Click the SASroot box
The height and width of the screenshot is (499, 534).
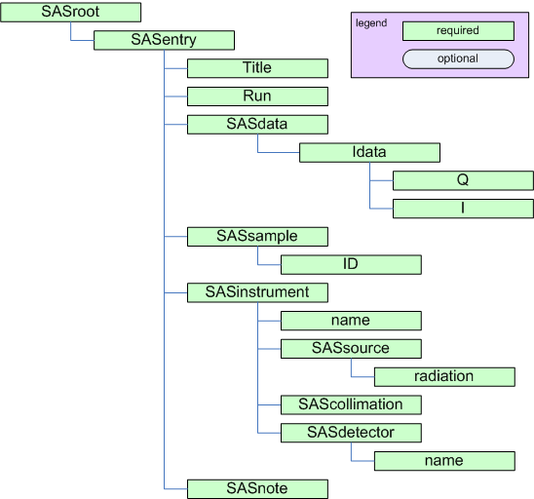(71, 13)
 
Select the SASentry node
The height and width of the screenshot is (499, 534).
(164, 40)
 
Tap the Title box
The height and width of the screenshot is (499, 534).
(257, 68)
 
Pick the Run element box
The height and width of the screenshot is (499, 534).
(257, 96)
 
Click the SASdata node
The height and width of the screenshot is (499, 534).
(257, 125)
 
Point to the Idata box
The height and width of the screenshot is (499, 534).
(369, 153)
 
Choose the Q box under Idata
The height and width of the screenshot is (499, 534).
(463, 180)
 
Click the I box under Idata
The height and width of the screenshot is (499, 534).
(463, 209)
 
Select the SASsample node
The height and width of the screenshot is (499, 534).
(257, 237)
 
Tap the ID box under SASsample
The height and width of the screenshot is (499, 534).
(351, 265)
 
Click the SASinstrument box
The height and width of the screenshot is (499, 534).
(257, 292)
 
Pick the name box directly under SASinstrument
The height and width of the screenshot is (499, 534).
(351, 321)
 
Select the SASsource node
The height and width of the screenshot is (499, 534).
(351, 348)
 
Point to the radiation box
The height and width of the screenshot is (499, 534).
(444, 376)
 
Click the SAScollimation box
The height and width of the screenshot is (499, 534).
(351, 404)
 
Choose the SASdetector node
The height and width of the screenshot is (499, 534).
(351, 432)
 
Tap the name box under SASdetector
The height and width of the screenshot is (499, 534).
(444, 460)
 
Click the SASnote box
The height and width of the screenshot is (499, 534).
(257, 488)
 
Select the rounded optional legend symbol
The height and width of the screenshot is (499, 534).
(457, 58)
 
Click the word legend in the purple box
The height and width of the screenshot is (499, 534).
(370, 22)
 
